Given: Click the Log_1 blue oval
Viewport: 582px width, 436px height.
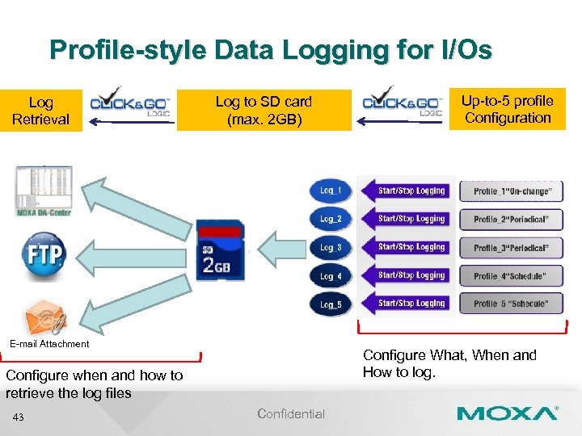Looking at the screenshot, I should click(330, 191).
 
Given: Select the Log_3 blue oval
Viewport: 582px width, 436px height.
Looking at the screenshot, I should click(330, 247).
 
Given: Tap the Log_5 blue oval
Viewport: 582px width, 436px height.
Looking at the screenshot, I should click(330, 304).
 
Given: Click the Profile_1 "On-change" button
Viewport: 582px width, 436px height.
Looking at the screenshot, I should click(512, 191).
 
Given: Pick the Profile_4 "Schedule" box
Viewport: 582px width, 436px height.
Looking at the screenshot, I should click(512, 276).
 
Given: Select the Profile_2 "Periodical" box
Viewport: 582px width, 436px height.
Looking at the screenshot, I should click(512, 220).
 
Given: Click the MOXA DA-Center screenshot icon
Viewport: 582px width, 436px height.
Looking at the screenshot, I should click(44, 191).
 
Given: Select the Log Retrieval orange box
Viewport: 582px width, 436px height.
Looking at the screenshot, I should click(40, 111).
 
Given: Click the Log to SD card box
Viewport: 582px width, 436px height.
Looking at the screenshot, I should click(264, 111).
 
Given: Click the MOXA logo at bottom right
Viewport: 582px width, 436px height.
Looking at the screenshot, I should click(507, 413).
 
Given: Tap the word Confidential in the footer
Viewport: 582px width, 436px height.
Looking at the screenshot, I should click(291, 414).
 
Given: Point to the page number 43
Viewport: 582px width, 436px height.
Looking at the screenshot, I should click(19, 417).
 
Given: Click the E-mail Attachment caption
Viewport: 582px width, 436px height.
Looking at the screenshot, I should click(49, 344).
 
